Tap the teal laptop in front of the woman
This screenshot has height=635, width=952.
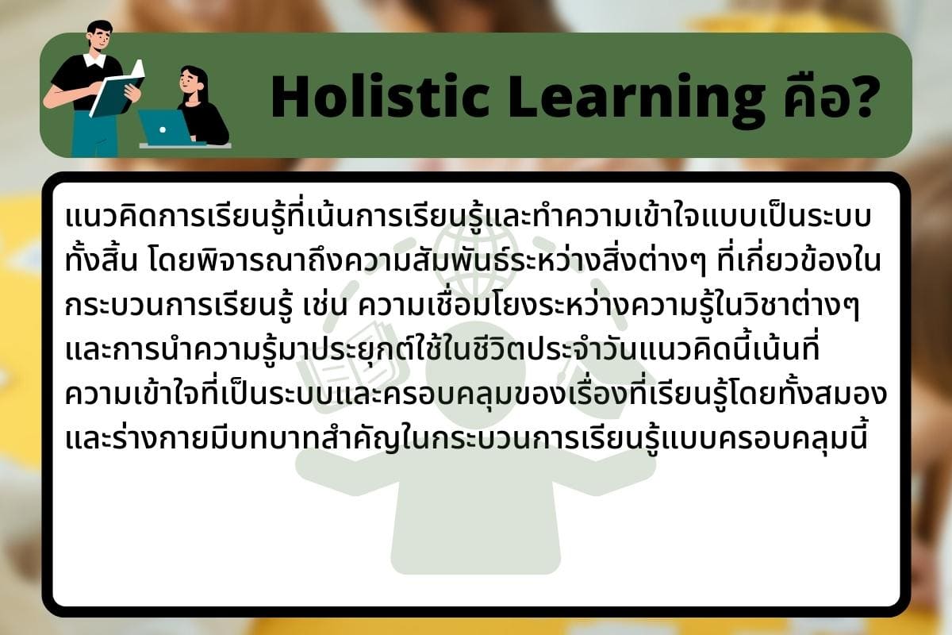click(165, 127)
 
